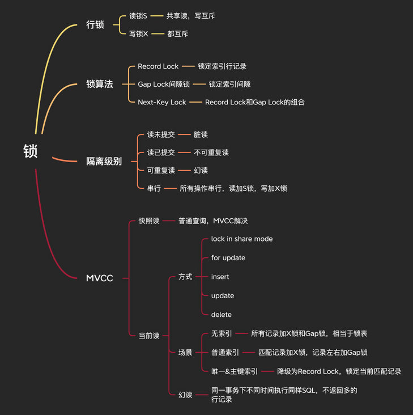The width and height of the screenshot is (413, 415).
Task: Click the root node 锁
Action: pos(31,151)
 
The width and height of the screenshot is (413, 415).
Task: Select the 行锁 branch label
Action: pos(95,25)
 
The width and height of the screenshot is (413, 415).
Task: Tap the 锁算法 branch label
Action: pos(99,84)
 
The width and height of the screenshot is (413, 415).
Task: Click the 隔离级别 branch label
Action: pos(104,161)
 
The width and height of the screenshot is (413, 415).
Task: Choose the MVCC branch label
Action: pos(99,278)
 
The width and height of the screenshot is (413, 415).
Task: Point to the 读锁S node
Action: pos(138,16)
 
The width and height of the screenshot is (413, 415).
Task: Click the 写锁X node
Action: pos(139,34)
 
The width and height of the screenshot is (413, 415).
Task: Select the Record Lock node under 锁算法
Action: pos(158,66)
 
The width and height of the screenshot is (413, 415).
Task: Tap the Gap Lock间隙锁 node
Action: pos(164,84)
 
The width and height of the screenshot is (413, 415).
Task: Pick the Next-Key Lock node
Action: pos(162,102)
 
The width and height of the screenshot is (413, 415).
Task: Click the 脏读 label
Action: pos(201,135)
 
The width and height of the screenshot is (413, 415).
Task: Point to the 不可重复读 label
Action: pos(211,153)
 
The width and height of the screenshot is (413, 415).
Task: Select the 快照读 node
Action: pos(149,221)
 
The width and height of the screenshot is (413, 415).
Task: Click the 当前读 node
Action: pos(149,336)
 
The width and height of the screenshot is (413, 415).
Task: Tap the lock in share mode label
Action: pos(242,239)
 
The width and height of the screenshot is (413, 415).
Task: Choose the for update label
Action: pos(228,258)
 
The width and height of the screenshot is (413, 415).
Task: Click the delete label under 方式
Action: pos(222,315)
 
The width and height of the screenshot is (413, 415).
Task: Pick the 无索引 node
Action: pos(222,333)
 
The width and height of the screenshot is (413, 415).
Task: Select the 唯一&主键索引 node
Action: pos(235,371)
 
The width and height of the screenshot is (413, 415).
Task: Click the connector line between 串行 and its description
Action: pos(171,188)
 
